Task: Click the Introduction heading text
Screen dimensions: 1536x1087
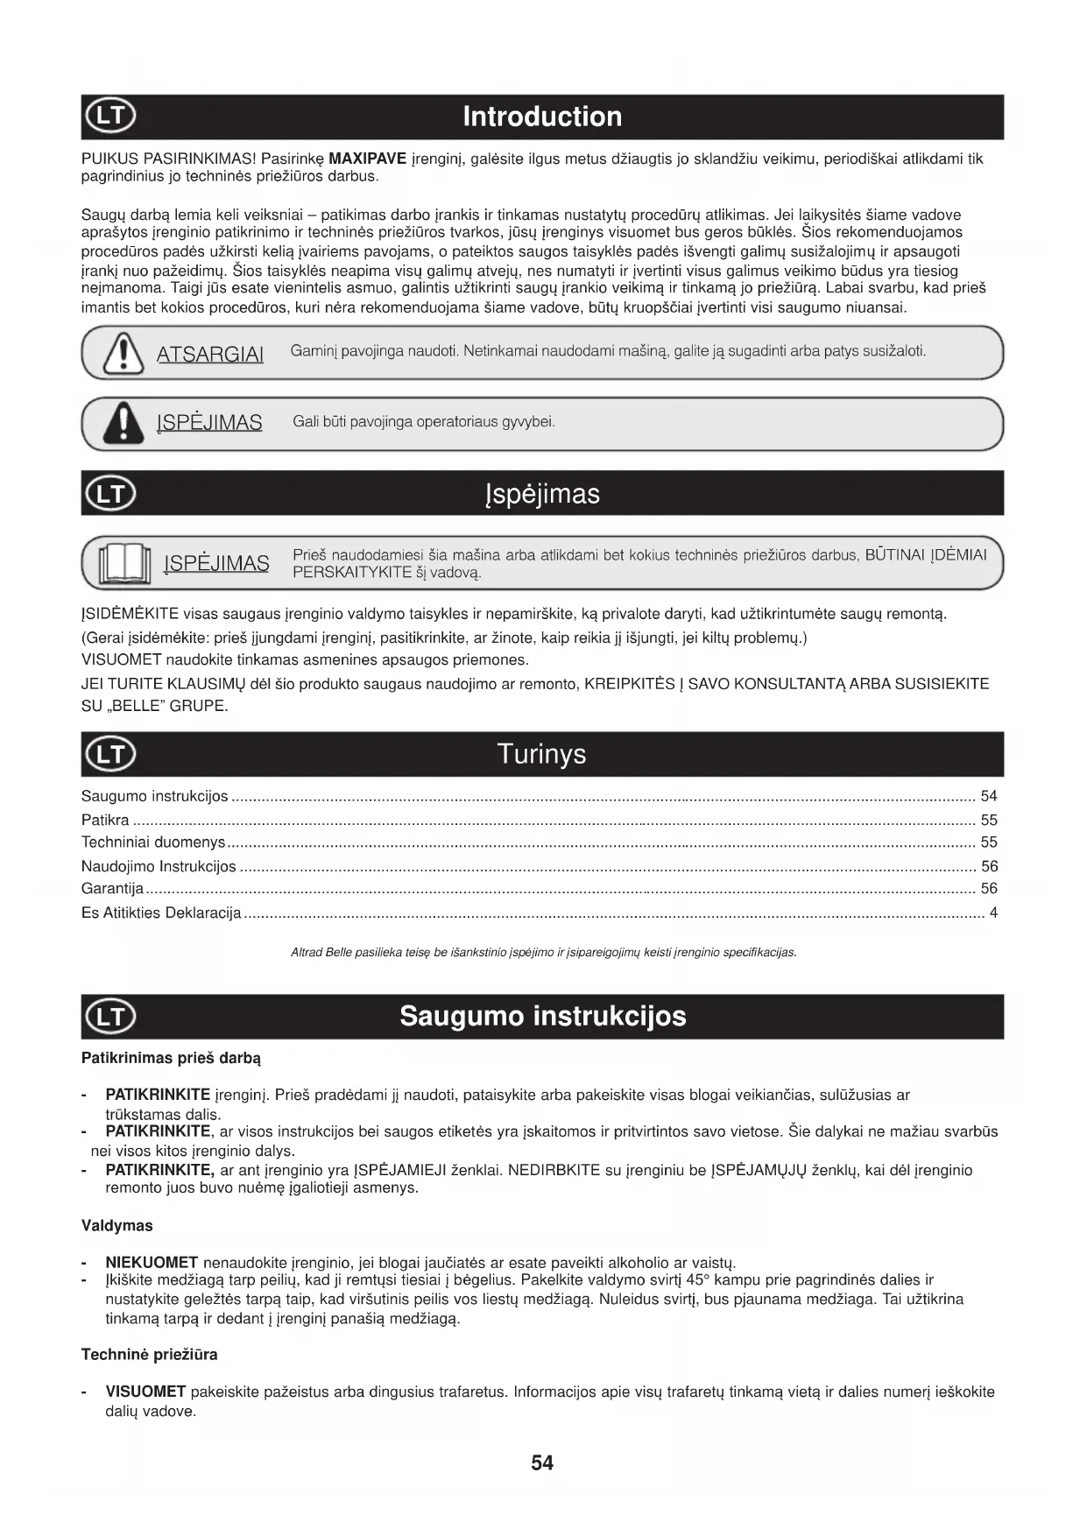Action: pos(542,116)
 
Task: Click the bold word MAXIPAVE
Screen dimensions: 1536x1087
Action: pos(367,159)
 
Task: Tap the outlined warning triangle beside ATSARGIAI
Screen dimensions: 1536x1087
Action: pos(124,354)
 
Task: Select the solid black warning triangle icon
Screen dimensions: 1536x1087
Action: pos(124,423)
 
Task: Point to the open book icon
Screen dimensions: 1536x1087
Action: pos(125,563)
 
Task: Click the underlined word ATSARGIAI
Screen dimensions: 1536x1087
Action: pos(210,355)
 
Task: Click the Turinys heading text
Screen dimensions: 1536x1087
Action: pos(541,754)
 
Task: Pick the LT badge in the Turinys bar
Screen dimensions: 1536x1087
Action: pos(110,754)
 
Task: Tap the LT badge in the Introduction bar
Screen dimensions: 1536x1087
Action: pos(110,116)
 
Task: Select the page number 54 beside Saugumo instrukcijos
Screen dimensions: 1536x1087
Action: pos(989,796)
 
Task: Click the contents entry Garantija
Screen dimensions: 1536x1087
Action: pos(112,888)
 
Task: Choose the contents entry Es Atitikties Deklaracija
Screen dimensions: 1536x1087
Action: pos(161,912)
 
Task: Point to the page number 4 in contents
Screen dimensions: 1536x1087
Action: pos(993,912)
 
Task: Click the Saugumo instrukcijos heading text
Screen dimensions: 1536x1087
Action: pos(542,1016)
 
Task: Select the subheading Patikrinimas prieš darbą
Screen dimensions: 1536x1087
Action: pos(171,1058)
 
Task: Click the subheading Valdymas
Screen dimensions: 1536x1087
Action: pos(117,1225)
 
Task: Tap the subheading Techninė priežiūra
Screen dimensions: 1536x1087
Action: pos(150,1355)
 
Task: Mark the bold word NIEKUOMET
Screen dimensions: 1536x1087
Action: pos(152,1262)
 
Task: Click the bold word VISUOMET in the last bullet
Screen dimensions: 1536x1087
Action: pos(145,1392)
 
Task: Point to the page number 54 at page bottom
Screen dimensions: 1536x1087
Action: pos(542,1463)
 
